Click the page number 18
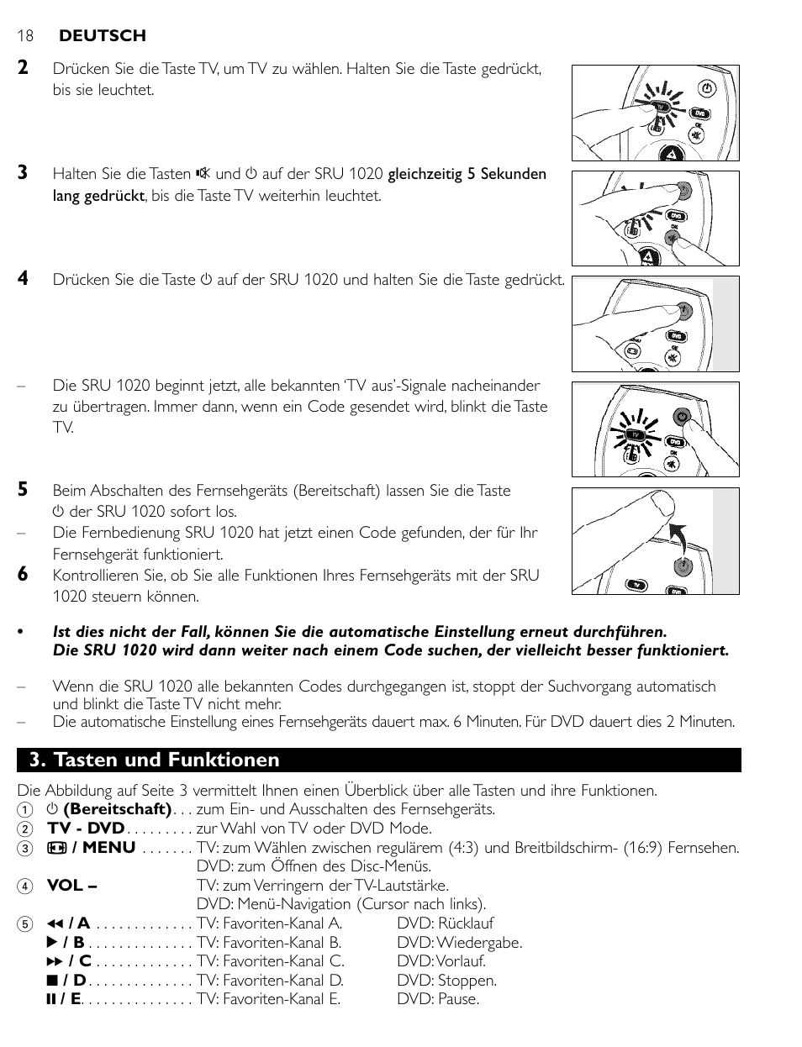pos(24,35)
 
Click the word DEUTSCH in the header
pos(102,35)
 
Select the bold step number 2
pos(24,68)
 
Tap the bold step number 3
pos(24,172)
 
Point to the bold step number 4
pos(24,278)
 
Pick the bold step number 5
pos(24,489)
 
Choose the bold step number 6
pos(24,574)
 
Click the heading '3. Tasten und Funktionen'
pos(154,760)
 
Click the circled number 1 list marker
pos(26,810)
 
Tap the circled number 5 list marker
pos(26,924)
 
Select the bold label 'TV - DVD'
pos(86,829)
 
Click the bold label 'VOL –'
pos(71,885)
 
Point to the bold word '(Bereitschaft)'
pos(117,809)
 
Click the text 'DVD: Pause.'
pos(438,999)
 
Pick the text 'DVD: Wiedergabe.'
pos(460,943)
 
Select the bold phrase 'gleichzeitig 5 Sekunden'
pos(467,174)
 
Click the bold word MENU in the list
pos(108,847)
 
